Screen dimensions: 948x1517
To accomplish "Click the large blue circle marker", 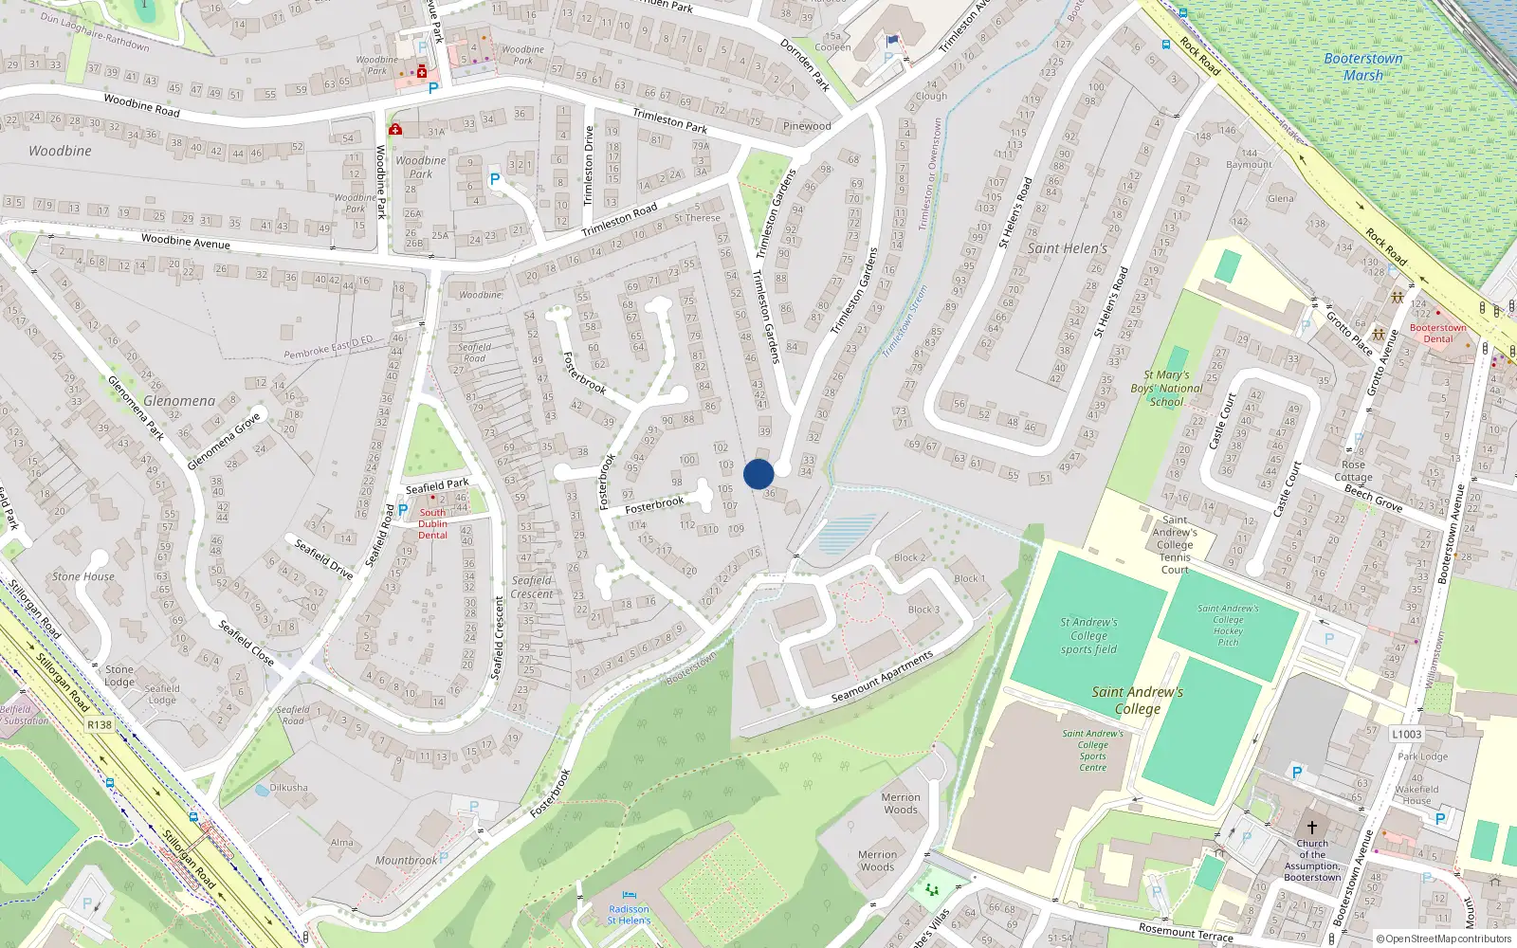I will coord(758,474).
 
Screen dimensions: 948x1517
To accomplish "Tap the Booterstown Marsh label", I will coord(1362,66).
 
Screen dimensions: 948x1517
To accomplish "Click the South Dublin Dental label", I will coord(432,523).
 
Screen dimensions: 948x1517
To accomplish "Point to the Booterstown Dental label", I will coord(1437,333).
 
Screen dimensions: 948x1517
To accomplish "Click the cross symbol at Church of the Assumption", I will coord(1312,828).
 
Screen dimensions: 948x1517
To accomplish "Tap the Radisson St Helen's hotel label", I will coord(629,915).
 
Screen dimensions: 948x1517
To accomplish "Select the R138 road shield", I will coord(100,724).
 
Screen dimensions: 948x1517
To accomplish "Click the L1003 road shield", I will coord(1407,734).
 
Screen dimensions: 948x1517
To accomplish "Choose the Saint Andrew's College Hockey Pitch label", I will coord(1228,626).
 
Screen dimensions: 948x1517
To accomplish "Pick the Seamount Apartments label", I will coord(882,676).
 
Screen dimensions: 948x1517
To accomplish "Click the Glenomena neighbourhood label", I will coord(179,401).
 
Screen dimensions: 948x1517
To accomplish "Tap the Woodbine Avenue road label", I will coord(186,242).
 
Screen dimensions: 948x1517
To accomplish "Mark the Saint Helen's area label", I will coord(1068,248).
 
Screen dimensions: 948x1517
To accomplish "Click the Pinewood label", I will coord(807,126).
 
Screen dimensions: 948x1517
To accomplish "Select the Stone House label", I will coord(83,576).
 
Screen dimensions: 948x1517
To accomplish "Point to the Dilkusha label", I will coord(288,788).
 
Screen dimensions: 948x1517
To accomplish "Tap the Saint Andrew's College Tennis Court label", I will coord(1175,545).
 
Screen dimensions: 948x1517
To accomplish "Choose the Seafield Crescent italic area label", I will coord(532,587).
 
